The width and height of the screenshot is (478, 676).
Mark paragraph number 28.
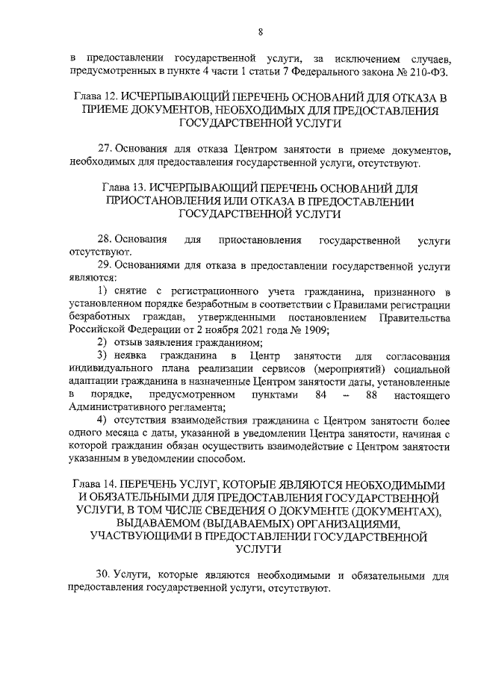point(104,239)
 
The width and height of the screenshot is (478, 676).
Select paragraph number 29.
point(104,264)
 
